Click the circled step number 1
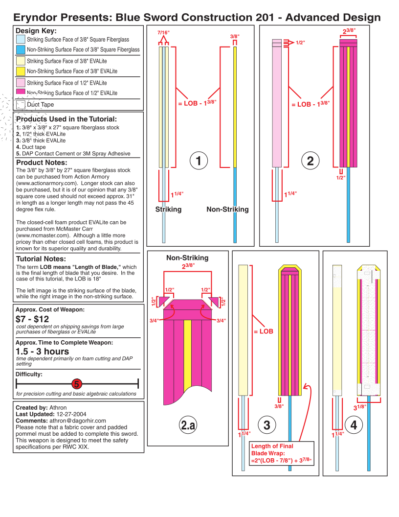[x=199, y=161]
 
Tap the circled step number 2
[x=310, y=161]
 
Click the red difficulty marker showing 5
[x=77, y=384]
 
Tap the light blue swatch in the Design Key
[x=21, y=40]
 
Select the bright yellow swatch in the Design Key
[x=21, y=71]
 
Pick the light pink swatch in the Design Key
[x=21, y=82]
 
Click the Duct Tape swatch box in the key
[x=21, y=104]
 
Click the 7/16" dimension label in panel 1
[x=163, y=33]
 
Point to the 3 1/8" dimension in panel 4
[x=359, y=407]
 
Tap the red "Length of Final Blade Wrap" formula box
[x=282, y=453]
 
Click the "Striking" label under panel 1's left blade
[x=168, y=210]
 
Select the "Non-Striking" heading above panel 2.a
[x=187, y=258]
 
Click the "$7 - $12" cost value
[x=32, y=319]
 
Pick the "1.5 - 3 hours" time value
[x=43, y=352]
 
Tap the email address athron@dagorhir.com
[x=78, y=421]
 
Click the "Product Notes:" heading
[x=42, y=163]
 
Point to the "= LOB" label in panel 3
[x=264, y=331]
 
